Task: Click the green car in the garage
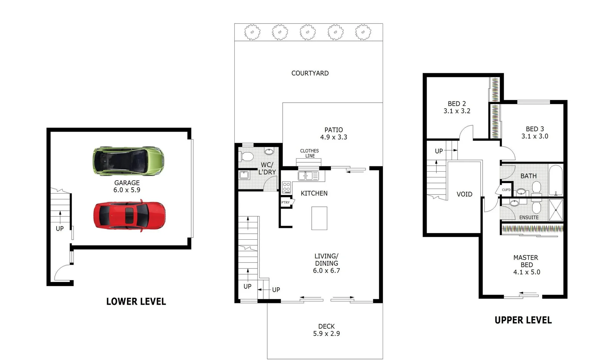128,161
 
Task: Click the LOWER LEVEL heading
136,302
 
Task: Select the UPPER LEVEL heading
523,320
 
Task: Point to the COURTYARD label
310,73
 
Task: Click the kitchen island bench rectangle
319,218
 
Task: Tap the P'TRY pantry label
286,202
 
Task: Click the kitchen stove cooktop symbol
286,187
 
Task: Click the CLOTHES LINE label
309,153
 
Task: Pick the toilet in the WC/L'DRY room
247,156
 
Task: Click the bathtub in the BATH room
555,180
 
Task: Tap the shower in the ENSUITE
556,210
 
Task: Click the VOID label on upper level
464,194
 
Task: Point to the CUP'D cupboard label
506,190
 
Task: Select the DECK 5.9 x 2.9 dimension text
326,334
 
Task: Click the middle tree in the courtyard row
308,32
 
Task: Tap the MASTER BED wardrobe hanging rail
532,229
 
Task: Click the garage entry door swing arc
62,272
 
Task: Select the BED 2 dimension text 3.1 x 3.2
457,111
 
